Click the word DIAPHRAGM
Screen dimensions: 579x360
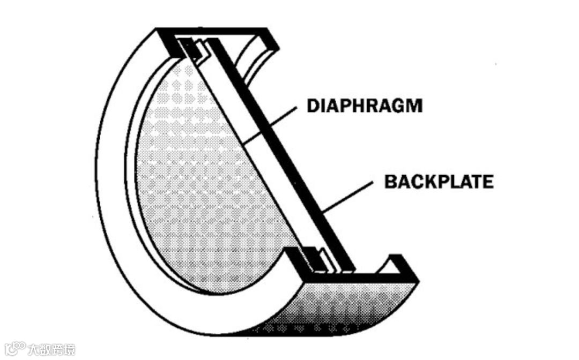coord(364,106)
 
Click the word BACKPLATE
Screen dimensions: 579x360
coord(439,182)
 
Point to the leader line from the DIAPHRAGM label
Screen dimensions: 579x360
coord(268,126)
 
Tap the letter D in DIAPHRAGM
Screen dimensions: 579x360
coord(313,106)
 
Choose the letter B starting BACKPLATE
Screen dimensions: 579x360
coord(390,182)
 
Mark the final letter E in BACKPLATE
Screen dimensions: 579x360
coord(487,182)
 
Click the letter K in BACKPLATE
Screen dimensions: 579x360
coord(426,182)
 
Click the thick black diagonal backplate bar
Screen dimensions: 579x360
coord(284,161)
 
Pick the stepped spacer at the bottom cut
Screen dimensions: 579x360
coord(316,260)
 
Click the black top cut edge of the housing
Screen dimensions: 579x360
coord(214,33)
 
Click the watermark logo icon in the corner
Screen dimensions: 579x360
coord(13,349)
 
